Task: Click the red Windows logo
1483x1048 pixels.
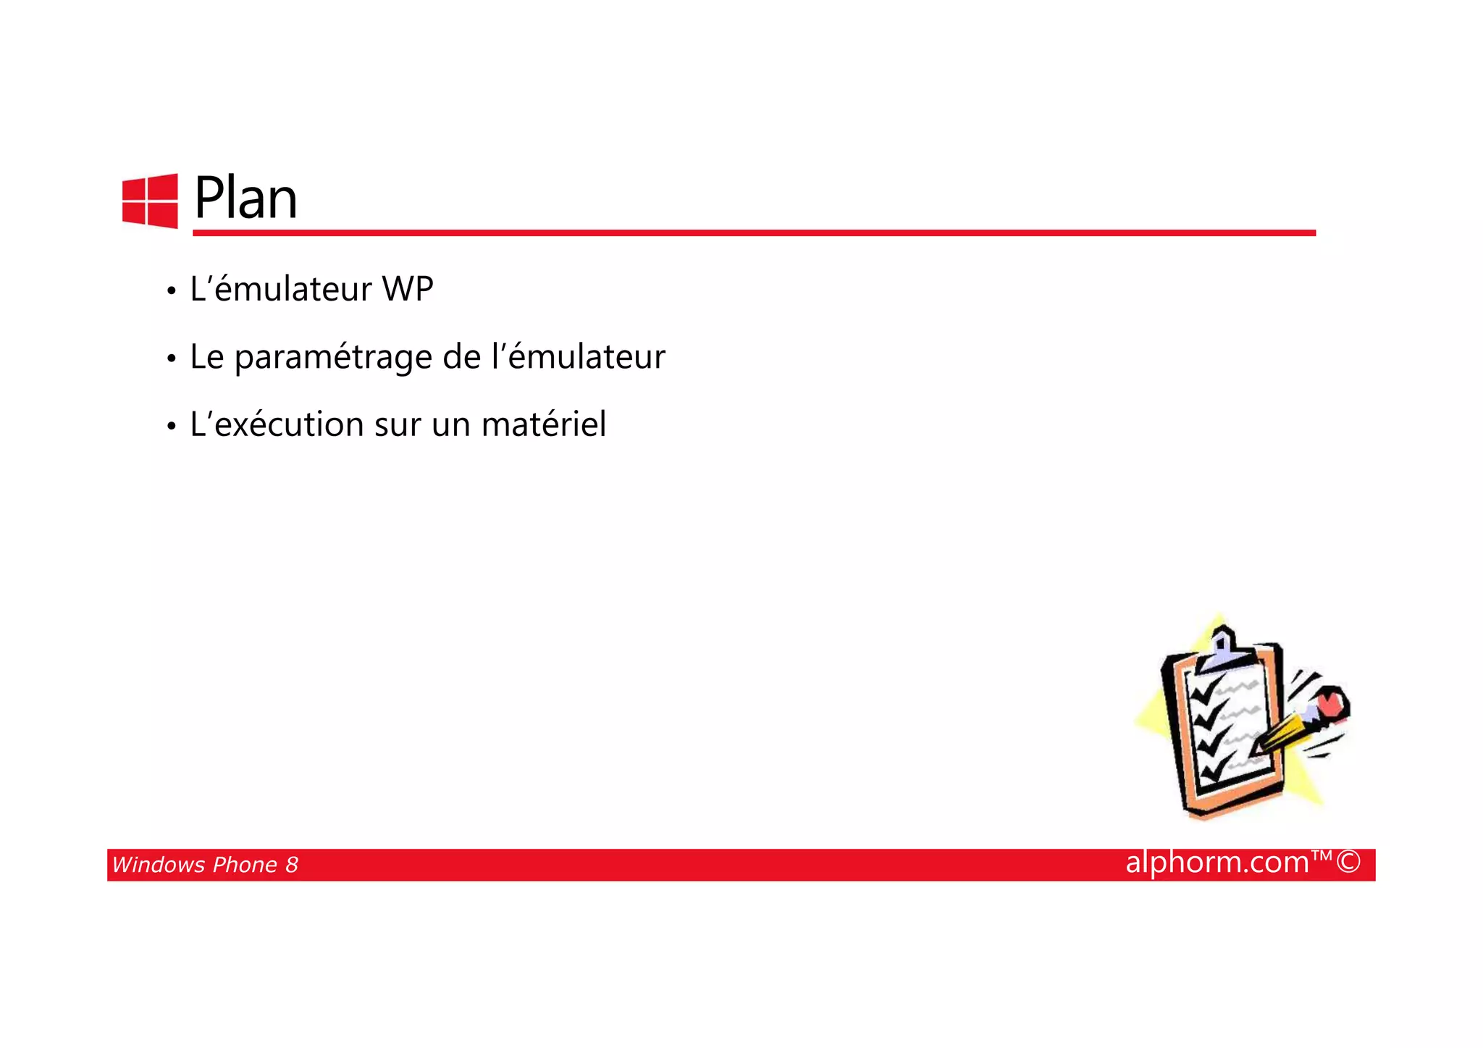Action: (x=150, y=201)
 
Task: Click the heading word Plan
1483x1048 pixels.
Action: (x=245, y=198)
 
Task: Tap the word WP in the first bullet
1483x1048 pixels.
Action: (x=408, y=289)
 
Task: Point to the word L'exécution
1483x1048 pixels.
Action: (x=277, y=424)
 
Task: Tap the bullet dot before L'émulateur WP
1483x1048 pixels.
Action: (x=171, y=291)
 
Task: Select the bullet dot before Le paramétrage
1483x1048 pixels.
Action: (x=171, y=359)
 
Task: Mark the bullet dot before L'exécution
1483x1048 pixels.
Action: (x=171, y=426)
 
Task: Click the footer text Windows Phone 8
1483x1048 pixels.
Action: (x=205, y=865)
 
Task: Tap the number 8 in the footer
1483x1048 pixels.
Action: (x=291, y=865)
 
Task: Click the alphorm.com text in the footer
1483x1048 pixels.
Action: (x=1217, y=862)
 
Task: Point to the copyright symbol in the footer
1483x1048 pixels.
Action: (x=1348, y=862)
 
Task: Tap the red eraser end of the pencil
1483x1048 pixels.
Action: (x=1331, y=703)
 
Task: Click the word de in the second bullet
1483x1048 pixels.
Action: (x=461, y=357)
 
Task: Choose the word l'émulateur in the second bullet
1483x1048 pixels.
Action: (x=578, y=357)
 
